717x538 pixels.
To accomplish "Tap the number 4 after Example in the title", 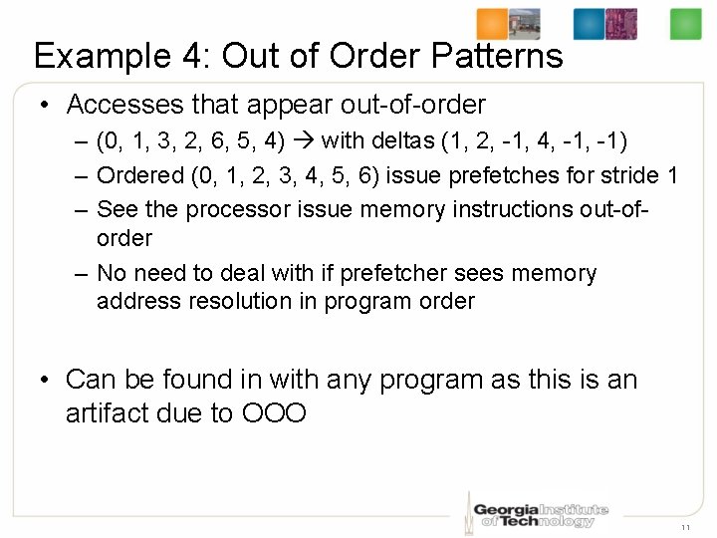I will click(192, 55).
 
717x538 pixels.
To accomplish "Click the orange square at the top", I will click(492, 24).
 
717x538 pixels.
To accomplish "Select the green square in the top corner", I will click(685, 24).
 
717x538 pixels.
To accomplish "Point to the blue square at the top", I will click(589, 24).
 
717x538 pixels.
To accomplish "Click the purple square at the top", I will click(620, 24).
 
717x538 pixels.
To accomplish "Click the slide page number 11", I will click(686, 526).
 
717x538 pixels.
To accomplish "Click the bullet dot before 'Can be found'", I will click(46, 381).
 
